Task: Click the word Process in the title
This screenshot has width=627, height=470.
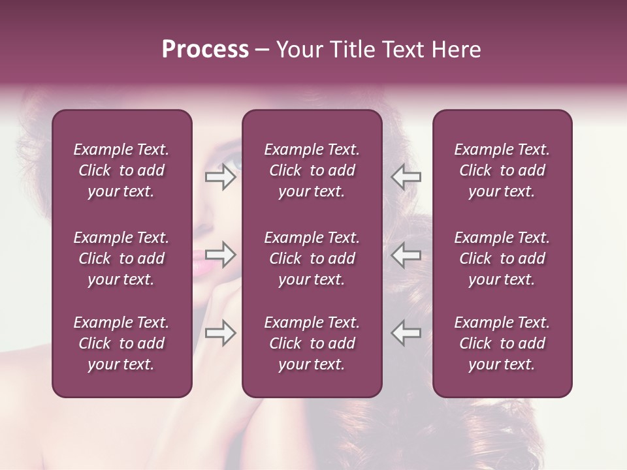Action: coord(205,50)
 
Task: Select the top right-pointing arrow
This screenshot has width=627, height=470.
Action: coord(221,177)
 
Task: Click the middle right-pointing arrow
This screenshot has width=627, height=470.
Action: coord(221,255)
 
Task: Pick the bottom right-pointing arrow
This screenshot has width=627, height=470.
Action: coord(221,333)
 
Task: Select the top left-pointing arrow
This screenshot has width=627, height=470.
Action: coord(406,177)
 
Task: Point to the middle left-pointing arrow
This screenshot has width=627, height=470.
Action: coord(406,255)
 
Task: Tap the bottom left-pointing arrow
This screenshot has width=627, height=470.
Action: coord(406,333)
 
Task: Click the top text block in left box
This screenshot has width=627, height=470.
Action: coord(121,170)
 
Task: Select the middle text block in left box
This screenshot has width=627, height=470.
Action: coord(121,258)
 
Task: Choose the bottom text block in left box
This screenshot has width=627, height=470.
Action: coord(121,343)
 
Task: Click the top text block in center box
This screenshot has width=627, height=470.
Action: coord(312,170)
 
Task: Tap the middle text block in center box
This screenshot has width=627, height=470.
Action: coord(312,258)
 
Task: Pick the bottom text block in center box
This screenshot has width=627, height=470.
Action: coord(312,343)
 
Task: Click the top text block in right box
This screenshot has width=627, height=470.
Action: coord(502,170)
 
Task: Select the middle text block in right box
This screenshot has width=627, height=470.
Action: coord(502,258)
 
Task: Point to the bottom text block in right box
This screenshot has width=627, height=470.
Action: coord(502,343)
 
